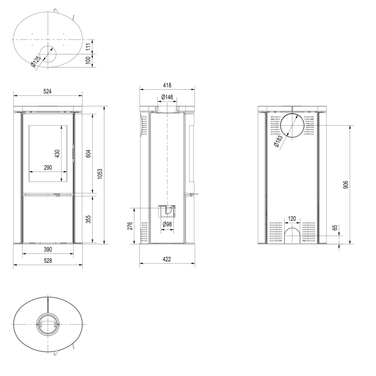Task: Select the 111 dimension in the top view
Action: point(88,47)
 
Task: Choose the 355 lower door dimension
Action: point(88,219)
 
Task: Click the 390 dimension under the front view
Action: point(47,250)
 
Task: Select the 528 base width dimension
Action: point(47,261)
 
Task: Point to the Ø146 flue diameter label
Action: point(167,97)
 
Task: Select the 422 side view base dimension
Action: point(167,259)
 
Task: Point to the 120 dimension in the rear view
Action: point(292,219)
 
